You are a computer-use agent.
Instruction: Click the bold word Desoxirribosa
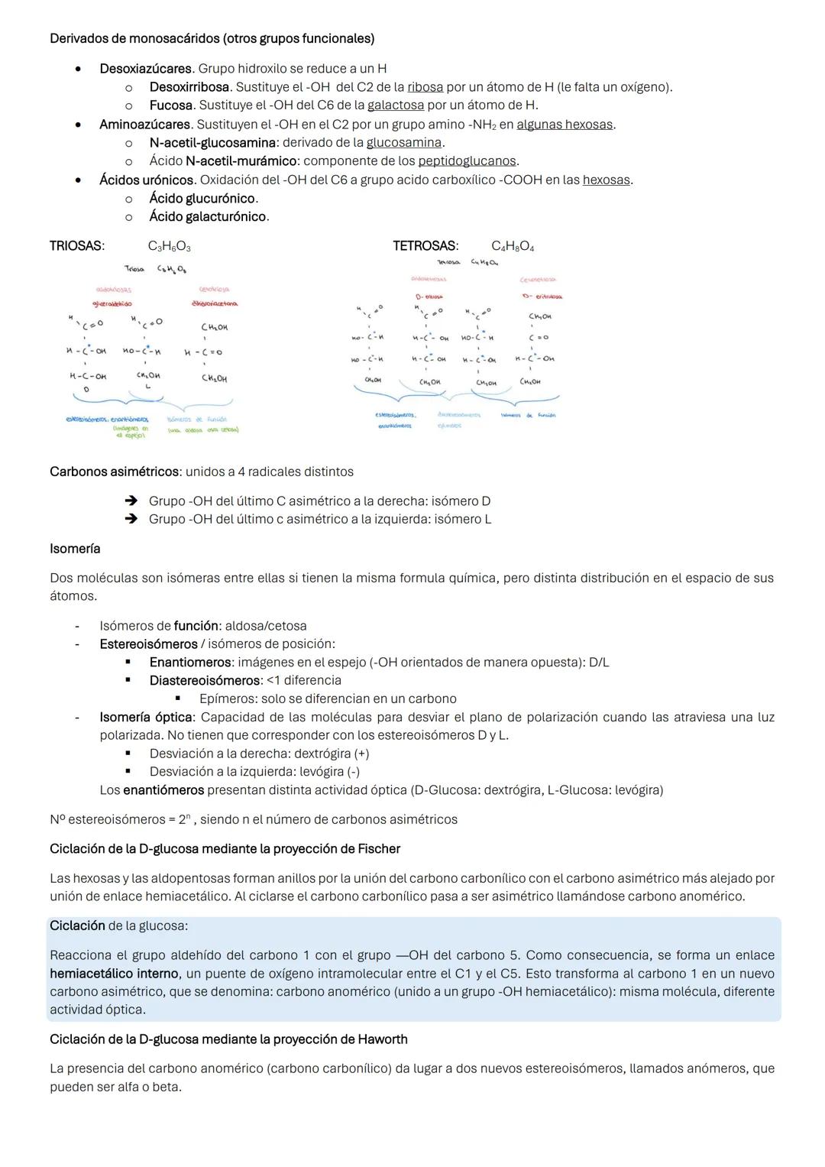click(x=191, y=87)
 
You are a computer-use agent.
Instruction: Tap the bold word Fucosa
click(x=170, y=105)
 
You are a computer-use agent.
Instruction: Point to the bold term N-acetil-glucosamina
click(x=212, y=143)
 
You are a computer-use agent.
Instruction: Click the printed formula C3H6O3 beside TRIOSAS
click(x=170, y=247)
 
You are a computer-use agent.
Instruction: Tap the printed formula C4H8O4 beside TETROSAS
click(x=513, y=247)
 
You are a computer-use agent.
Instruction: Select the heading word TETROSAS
click(x=425, y=246)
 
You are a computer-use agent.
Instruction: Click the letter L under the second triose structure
click(x=148, y=387)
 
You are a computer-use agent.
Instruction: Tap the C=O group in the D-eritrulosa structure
click(x=539, y=337)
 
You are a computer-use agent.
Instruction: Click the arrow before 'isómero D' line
click(x=131, y=501)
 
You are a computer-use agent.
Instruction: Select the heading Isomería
click(x=75, y=549)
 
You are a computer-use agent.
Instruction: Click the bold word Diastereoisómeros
click(x=205, y=680)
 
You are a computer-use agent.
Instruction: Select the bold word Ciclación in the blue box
click(x=77, y=925)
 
